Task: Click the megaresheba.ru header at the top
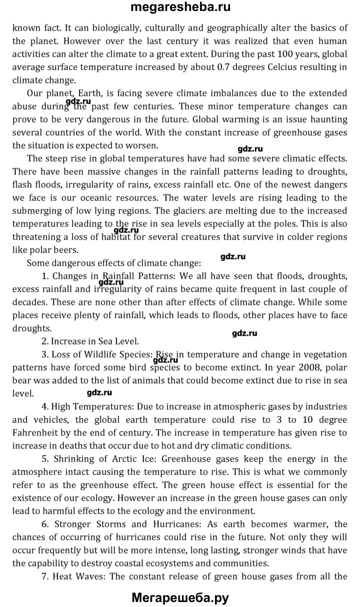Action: click(x=180, y=8)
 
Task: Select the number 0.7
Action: click(x=202, y=66)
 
